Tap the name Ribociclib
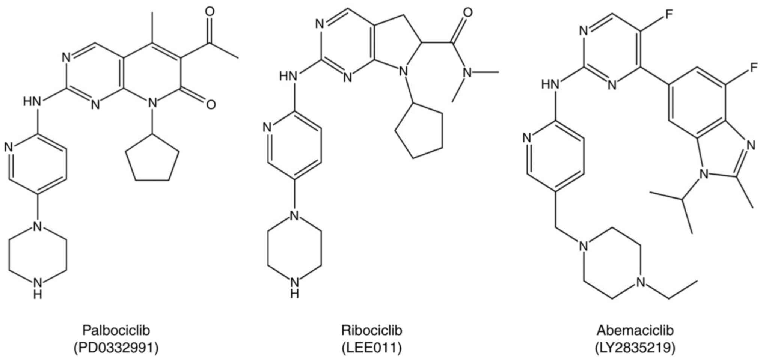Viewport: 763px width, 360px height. [x=371, y=330]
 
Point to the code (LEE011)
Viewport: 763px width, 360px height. [x=371, y=348]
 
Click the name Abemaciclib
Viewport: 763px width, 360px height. [x=635, y=330]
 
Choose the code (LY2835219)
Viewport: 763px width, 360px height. [x=635, y=348]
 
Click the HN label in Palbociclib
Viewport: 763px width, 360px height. [x=32, y=101]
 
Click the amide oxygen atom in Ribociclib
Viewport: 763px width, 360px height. [x=468, y=12]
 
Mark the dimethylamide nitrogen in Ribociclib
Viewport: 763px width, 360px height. [x=467, y=72]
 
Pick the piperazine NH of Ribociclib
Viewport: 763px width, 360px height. [x=295, y=287]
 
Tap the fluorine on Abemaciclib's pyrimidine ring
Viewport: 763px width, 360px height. [x=669, y=15]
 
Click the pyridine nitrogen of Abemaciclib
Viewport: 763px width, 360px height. [x=527, y=138]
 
